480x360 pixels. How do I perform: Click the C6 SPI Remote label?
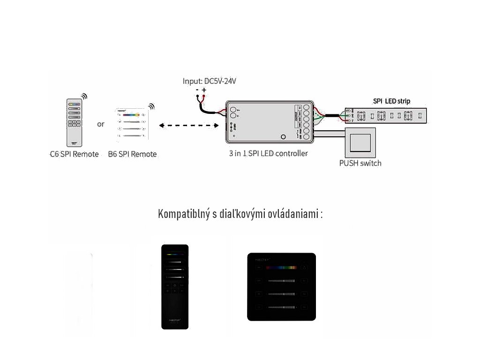tap(74, 154)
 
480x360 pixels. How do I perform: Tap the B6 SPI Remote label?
tap(132, 154)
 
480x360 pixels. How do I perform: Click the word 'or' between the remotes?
tap(101, 124)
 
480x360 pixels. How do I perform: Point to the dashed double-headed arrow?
tap(189, 125)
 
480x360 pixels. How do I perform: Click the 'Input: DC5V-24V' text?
tap(210, 81)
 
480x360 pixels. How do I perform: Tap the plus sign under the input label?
tap(204, 90)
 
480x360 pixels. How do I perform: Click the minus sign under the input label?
tap(197, 90)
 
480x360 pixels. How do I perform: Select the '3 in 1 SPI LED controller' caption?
tap(268, 153)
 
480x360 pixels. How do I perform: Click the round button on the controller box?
tap(283, 137)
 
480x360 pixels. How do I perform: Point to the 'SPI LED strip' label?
tap(391, 101)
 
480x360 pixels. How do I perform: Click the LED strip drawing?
tap(386, 115)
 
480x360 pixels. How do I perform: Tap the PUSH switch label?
tap(360, 163)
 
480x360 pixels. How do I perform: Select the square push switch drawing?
tap(360, 142)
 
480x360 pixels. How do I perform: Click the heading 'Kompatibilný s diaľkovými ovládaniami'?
tap(240, 214)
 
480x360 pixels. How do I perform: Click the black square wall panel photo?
tap(281, 287)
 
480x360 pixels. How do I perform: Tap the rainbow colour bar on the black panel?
tap(281, 268)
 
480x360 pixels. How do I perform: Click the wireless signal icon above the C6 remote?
tap(84, 96)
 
